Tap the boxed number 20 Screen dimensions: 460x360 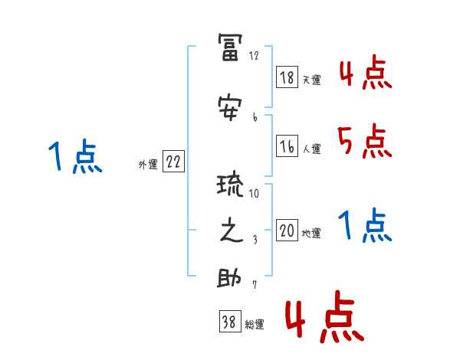tap(287, 231)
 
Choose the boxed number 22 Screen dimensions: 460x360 tap(172, 162)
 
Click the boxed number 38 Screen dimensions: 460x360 tap(228, 322)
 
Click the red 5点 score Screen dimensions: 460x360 tap(364, 141)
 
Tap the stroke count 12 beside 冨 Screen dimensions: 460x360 tap(255, 56)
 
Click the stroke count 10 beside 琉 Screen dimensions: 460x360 tap(254, 192)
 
